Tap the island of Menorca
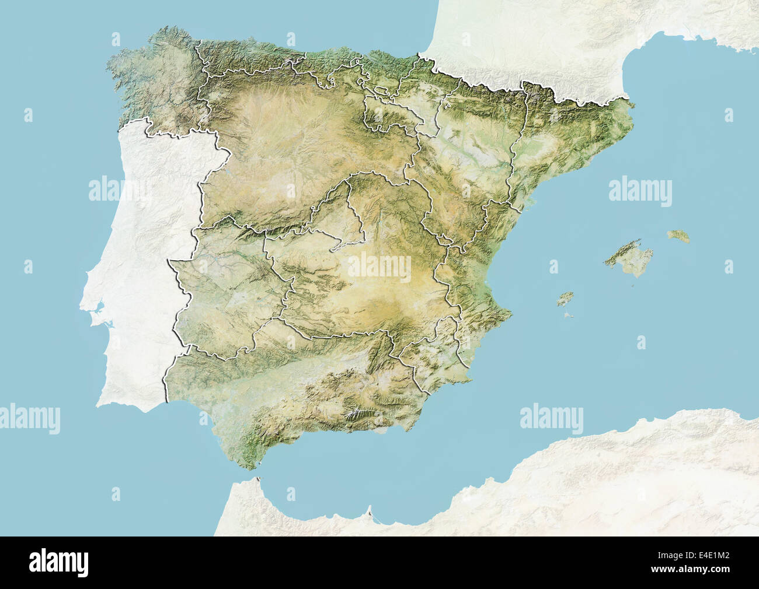[x=678, y=236]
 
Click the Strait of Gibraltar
[x=248, y=475]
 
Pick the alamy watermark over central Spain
[x=379, y=267]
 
